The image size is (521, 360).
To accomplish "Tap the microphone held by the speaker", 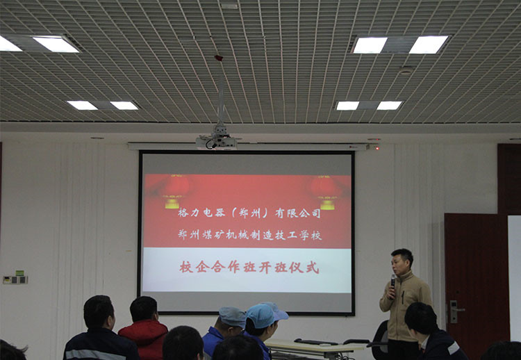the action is click(393, 281).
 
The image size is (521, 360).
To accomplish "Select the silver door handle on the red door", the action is click(455, 311).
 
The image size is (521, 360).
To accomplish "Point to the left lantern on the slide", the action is click(174, 191).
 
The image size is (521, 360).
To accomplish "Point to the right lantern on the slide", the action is click(326, 193).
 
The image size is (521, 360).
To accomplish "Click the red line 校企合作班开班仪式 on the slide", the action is click(249, 268).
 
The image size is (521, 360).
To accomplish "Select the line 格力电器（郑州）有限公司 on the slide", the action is click(249, 213).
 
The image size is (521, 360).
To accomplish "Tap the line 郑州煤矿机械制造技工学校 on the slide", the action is click(249, 235).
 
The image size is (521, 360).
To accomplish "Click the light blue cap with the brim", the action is click(266, 314).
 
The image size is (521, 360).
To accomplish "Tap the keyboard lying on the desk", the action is click(315, 341).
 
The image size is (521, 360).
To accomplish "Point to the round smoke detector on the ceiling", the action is click(406, 70).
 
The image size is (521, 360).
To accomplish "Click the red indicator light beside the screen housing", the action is click(377, 148).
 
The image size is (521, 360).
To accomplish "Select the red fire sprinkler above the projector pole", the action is click(219, 58).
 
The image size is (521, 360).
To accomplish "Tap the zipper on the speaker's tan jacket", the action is click(403, 297).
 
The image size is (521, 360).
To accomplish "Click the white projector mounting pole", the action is click(221, 99).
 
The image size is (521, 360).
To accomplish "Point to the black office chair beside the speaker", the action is click(380, 341).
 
